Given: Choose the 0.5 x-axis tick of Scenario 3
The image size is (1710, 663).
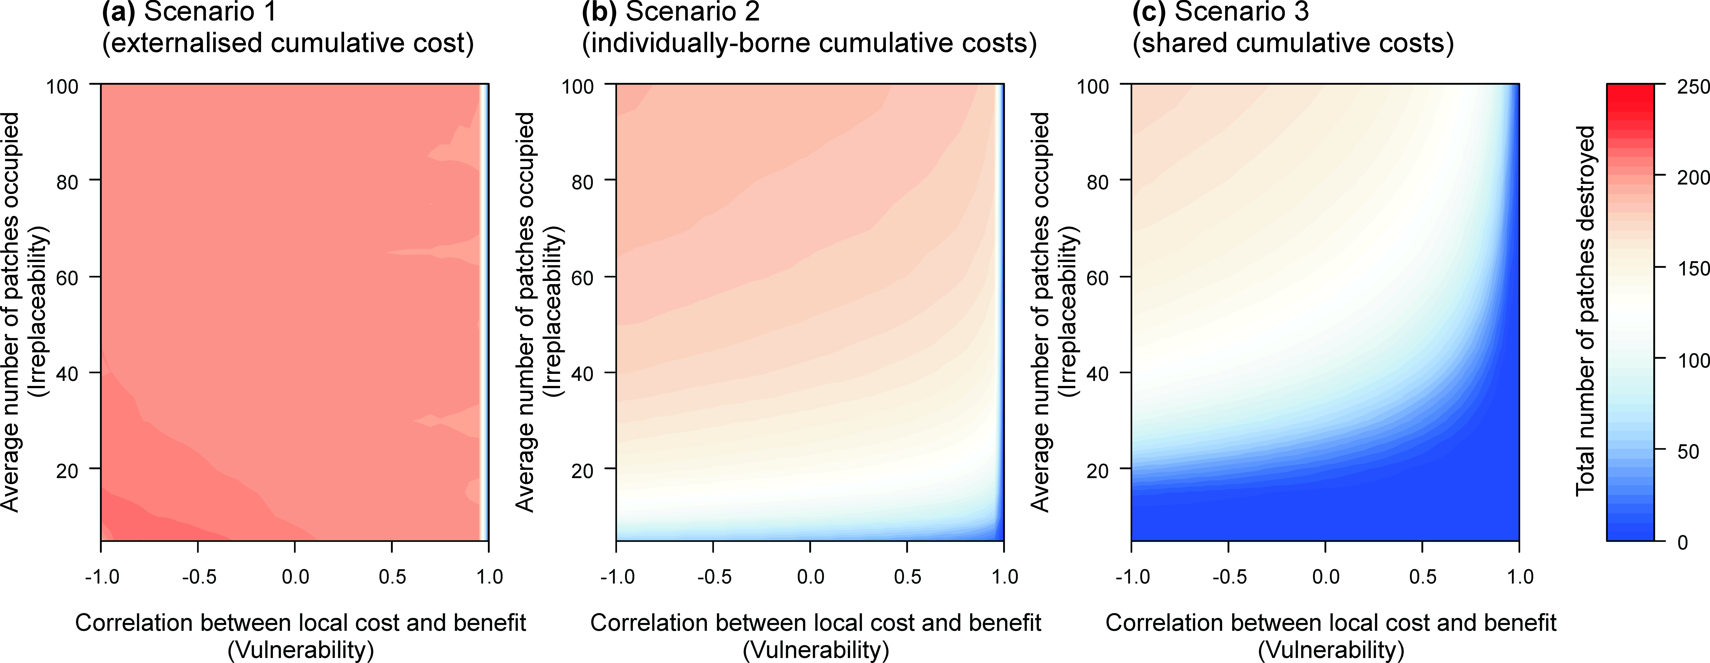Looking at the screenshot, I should [1423, 577].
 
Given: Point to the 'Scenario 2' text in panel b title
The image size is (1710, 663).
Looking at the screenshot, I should [692, 12].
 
